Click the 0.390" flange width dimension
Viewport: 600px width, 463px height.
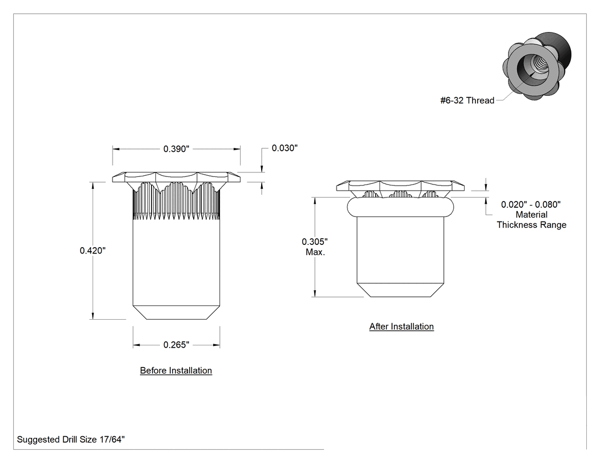pos(176,149)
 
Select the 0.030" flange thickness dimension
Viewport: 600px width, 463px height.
pos(285,148)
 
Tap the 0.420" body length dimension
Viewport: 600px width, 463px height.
pos(93,251)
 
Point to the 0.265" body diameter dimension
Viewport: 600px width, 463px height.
pos(176,345)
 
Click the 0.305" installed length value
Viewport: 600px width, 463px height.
pos(314,241)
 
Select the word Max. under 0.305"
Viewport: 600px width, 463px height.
pos(315,252)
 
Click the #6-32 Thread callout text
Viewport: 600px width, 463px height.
pos(467,100)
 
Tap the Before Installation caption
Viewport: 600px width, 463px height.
pos(176,371)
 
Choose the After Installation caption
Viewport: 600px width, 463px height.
pos(401,327)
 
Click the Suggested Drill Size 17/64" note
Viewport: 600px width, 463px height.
pos(71,440)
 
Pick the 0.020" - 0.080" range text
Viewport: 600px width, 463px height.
pos(531,204)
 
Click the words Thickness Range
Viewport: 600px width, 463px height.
pos(531,225)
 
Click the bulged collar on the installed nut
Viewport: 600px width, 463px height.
pos(400,207)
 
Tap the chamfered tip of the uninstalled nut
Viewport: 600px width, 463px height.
pos(176,312)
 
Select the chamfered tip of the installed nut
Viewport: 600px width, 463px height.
pos(400,290)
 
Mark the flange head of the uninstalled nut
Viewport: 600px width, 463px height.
pos(176,177)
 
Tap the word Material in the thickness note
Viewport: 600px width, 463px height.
pos(531,215)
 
